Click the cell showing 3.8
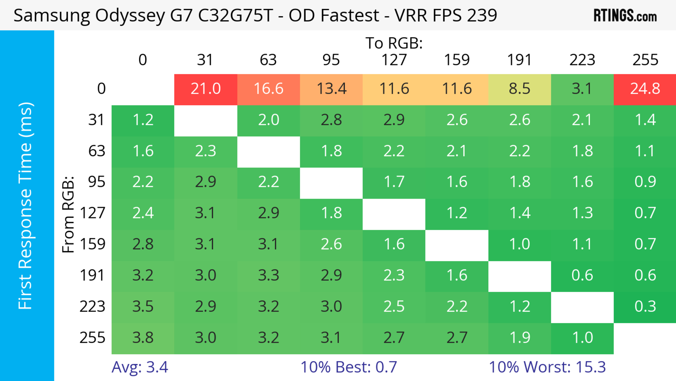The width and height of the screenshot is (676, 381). coord(143,338)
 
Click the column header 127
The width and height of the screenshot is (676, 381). coord(394,60)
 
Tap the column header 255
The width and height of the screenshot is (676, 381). coord(645,60)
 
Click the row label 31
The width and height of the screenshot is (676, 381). coord(97,120)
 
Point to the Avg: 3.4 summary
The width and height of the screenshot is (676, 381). coord(140,367)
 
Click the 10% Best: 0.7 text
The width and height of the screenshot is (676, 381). coord(349,367)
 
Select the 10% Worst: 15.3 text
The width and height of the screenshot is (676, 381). coord(547,367)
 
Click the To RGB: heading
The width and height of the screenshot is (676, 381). coord(394,43)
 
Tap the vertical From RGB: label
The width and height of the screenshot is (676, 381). coord(68,214)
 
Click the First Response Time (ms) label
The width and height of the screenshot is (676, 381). coord(26,206)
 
